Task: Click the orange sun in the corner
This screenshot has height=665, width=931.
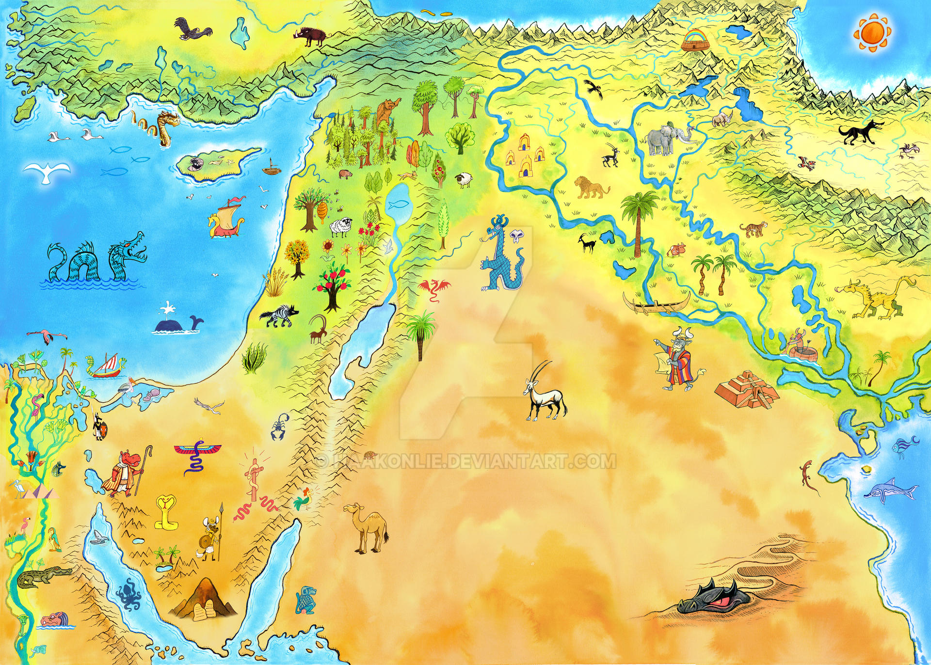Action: [x=872, y=32]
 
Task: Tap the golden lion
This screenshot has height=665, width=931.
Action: [x=591, y=188]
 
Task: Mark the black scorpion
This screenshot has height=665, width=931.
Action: [x=279, y=427]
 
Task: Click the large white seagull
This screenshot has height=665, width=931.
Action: [x=47, y=172]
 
